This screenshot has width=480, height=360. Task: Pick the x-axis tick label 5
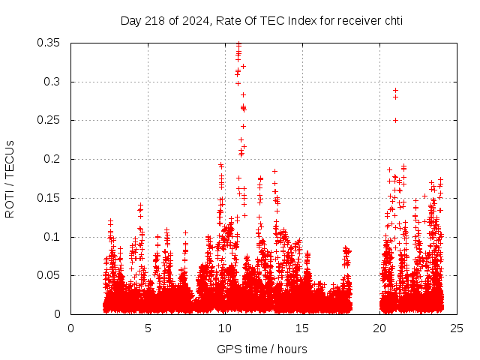point(148,328)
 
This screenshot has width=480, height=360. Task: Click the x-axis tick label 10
point(225,328)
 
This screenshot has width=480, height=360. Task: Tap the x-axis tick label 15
point(302,328)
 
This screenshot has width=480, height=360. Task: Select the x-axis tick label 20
point(379,328)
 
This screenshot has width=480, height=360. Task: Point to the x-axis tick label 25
point(457,328)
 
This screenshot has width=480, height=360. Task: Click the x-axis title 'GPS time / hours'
point(262,349)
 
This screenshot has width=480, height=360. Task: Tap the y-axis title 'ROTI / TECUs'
point(10,178)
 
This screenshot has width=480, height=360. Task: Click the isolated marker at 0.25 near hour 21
point(395,120)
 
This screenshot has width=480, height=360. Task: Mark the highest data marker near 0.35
point(238,43)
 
